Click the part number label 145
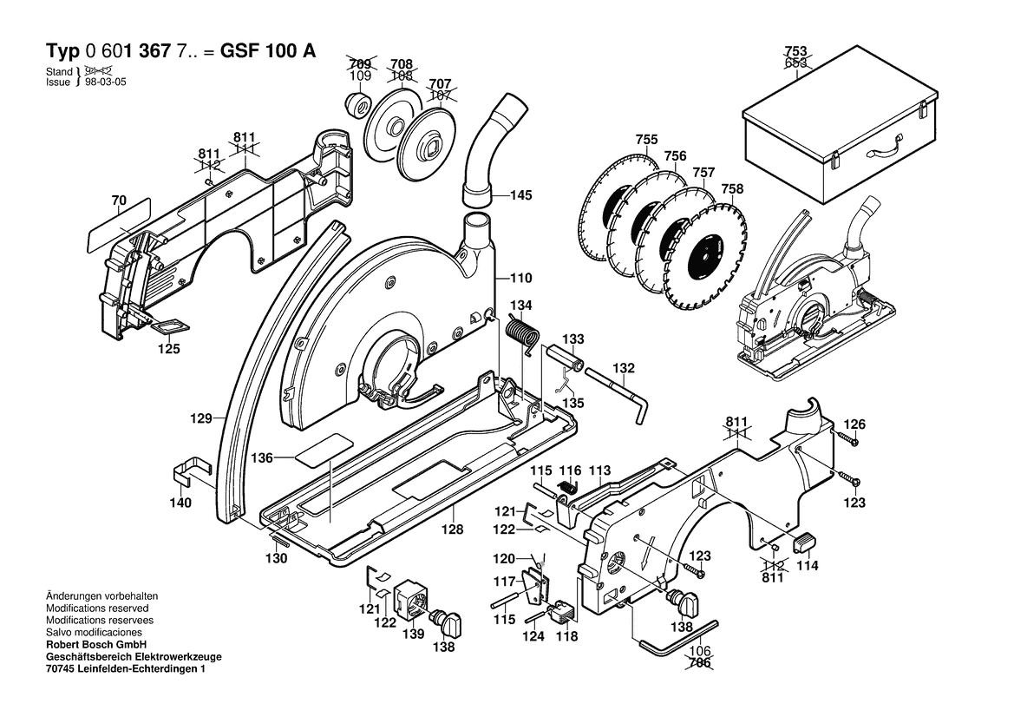click(520, 195)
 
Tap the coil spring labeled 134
click(521, 333)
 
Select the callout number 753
click(795, 51)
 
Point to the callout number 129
click(201, 418)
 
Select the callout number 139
click(414, 634)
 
